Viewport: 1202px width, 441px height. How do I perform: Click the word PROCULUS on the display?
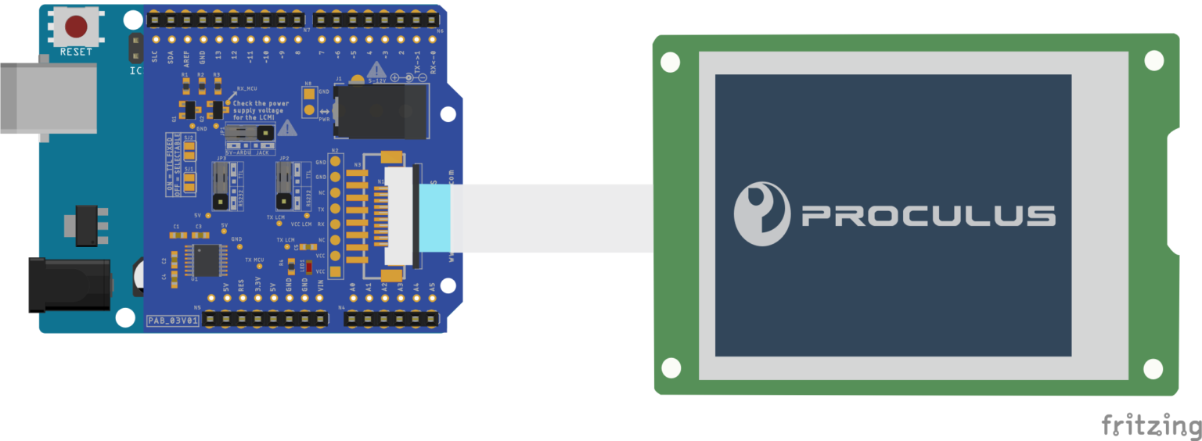click(x=928, y=216)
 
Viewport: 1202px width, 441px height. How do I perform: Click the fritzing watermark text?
click(x=1151, y=425)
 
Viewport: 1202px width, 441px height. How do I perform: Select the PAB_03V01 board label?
click(x=174, y=321)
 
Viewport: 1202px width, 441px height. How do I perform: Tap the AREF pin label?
click(x=186, y=56)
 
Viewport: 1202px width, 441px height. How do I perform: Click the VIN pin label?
click(x=320, y=289)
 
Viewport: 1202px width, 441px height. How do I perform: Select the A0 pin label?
click(x=353, y=289)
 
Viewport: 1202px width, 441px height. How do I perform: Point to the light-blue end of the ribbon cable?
click(x=435, y=218)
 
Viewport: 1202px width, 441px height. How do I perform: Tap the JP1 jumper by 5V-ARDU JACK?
click(x=250, y=133)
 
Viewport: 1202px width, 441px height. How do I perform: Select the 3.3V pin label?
click(x=257, y=289)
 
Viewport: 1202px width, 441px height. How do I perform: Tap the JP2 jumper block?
click(x=285, y=185)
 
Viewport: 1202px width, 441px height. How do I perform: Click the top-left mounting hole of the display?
click(x=669, y=62)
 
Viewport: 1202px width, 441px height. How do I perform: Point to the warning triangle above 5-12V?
click(x=376, y=70)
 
